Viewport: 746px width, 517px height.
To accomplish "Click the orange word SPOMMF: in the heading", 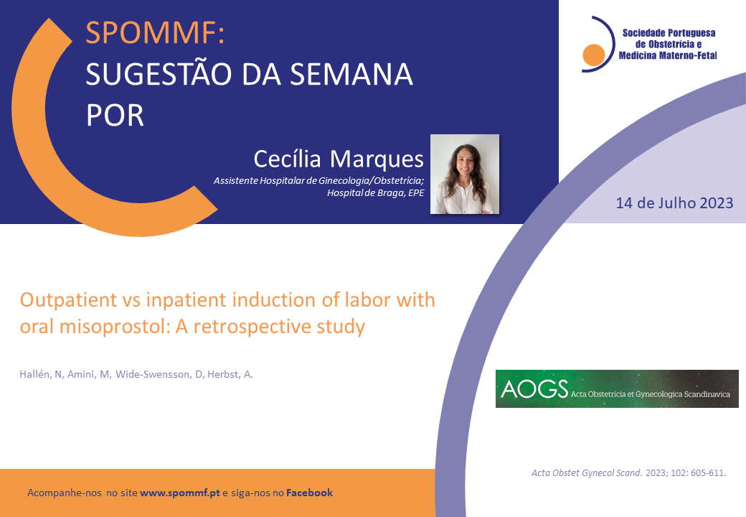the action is pos(155,33).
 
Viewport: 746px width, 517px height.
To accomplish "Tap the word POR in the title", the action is pos(115,115).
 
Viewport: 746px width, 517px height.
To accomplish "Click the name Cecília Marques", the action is pos(339,159).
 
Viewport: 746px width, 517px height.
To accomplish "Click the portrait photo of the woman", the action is pos(465,174).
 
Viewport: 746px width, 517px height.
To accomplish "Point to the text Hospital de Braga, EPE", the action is pos(375,193).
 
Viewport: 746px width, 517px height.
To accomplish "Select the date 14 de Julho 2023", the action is pos(674,203).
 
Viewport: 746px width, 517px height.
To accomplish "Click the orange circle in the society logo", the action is pos(594,55).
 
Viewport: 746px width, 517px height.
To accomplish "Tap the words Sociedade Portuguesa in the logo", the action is pos(669,33).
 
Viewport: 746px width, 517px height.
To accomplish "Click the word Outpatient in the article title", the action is pos(69,300).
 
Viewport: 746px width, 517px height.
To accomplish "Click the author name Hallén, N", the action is pos(41,375).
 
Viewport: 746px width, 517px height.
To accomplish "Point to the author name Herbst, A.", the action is pos(230,375).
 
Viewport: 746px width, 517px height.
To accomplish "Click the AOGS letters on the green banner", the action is pos(535,389).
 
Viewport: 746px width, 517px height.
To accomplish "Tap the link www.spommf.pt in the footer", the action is pos(180,493).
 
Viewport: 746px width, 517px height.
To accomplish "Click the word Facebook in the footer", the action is pos(309,493).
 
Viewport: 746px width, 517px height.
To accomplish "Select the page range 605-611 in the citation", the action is pos(709,472).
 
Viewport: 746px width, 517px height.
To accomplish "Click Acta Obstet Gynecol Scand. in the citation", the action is pos(587,472).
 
